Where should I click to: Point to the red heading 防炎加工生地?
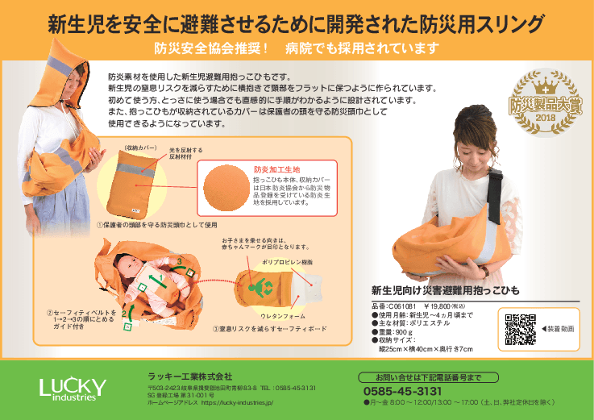pyautogui.click(x=275, y=169)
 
